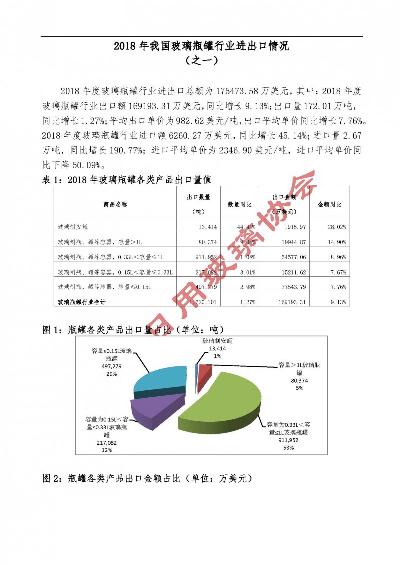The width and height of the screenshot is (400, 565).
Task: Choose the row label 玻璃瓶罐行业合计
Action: click(82, 302)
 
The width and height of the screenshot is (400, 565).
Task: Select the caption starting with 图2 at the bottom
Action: click(148, 478)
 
